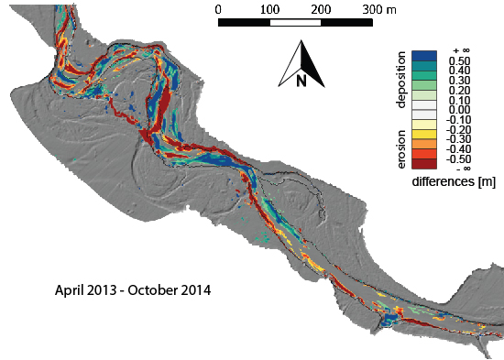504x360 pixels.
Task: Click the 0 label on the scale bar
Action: tap(218, 8)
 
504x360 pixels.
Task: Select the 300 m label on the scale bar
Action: tap(380, 8)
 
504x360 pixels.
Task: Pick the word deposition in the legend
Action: tap(401, 81)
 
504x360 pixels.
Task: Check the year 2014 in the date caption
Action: tap(197, 294)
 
